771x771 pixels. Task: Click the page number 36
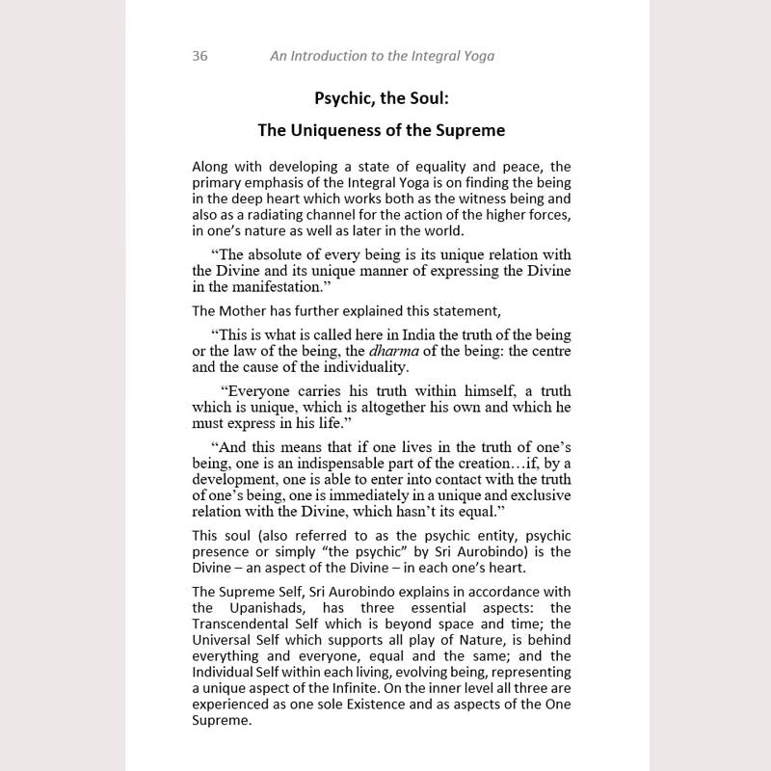[x=199, y=56]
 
